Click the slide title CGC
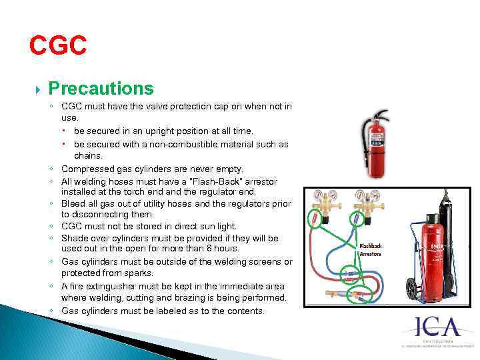pyautogui.click(x=58, y=45)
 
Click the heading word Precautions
pyautogui.click(x=101, y=89)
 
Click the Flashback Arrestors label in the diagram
pyautogui.click(x=371, y=250)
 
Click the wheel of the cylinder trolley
pyautogui.click(x=411, y=290)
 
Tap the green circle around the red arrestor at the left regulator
pyautogui.click(x=313, y=219)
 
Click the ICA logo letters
pyautogui.click(x=439, y=327)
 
